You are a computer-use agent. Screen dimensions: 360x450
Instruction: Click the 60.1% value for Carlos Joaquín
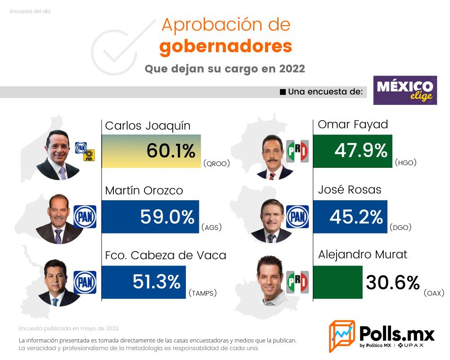click(x=171, y=151)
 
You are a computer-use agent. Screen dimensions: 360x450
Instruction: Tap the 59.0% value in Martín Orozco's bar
click(x=167, y=217)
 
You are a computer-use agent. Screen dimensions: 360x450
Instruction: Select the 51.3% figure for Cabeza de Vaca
click(x=156, y=282)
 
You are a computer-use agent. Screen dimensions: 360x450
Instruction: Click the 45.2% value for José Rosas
click(x=356, y=217)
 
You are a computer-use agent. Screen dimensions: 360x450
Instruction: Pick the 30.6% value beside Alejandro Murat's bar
click(x=392, y=283)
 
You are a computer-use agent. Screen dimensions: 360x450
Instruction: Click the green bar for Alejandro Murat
click(x=337, y=282)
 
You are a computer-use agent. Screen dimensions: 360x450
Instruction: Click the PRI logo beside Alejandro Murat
click(x=297, y=282)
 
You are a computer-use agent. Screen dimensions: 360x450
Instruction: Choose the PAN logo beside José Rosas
click(x=297, y=216)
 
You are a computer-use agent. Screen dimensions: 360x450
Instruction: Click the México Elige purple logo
click(x=405, y=90)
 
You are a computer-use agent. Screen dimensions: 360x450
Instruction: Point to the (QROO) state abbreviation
click(x=216, y=164)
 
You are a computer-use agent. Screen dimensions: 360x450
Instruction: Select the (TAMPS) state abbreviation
click(x=202, y=293)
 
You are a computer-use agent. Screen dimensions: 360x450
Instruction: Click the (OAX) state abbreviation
click(x=434, y=293)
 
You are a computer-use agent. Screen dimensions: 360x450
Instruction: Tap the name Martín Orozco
click(x=144, y=190)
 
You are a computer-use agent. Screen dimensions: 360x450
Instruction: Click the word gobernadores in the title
click(x=225, y=46)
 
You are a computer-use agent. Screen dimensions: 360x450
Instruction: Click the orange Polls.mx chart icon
click(x=342, y=336)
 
